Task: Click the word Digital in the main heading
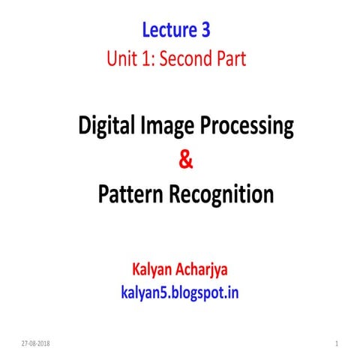106,127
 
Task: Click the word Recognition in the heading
221,194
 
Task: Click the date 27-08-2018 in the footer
36,343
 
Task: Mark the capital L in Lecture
145,31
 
